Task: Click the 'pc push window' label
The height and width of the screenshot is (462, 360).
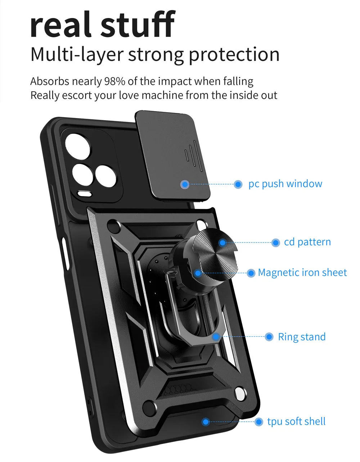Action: [x=285, y=184]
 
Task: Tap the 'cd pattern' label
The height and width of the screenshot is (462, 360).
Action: [x=307, y=242]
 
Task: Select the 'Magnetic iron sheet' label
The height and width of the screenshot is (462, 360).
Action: [x=302, y=273]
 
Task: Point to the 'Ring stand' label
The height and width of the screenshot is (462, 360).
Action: [x=302, y=337]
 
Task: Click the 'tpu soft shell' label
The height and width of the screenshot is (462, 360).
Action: [x=296, y=421]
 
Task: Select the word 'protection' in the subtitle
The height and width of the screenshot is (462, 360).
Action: [x=234, y=55]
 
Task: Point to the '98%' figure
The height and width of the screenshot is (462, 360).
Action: [x=114, y=81]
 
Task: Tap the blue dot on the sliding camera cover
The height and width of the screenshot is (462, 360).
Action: [x=185, y=184]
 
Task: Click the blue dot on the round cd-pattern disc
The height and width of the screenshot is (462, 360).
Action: [x=222, y=243]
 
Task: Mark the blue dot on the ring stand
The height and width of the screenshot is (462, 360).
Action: [x=216, y=337]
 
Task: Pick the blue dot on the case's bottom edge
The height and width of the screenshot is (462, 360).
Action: [x=206, y=421]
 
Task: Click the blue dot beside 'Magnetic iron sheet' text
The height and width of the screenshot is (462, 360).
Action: [x=251, y=273]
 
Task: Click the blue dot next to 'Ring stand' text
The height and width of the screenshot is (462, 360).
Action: [x=269, y=337]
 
